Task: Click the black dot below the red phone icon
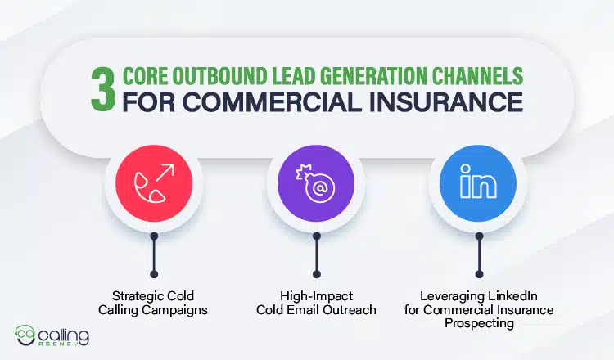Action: [x=153, y=273]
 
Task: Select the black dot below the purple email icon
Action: [x=316, y=273]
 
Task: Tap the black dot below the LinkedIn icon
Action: [x=479, y=273]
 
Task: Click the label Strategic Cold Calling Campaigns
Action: [x=153, y=303]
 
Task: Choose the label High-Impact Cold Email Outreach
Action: [x=316, y=303]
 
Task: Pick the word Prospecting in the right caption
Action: [x=479, y=322]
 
